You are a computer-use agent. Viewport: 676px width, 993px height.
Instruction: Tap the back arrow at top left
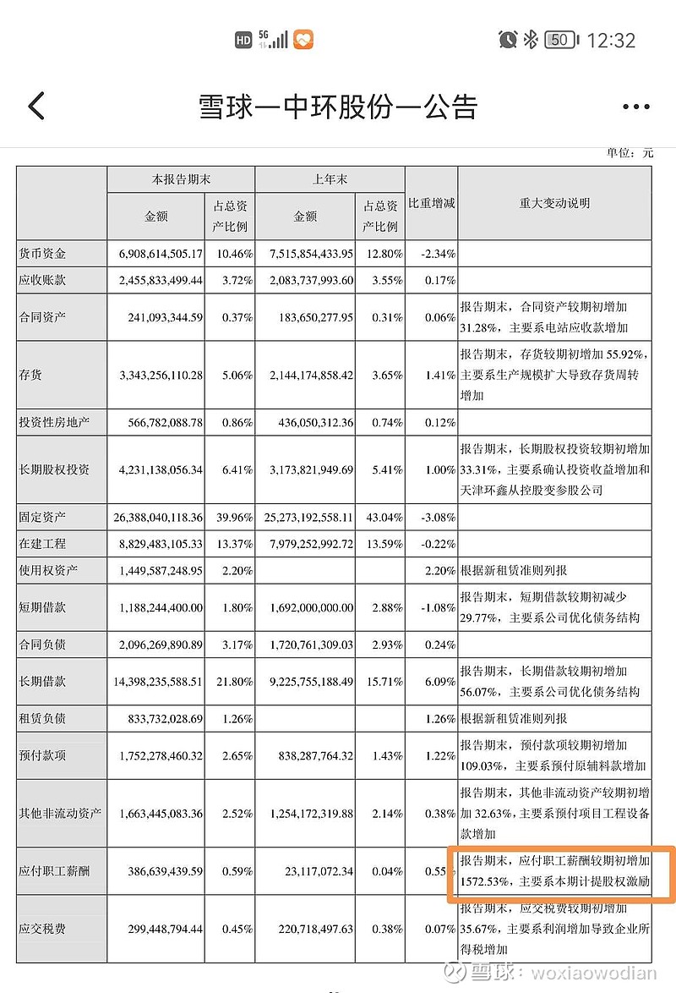click(x=36, y=107)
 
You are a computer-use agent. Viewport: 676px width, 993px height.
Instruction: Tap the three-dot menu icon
click(x=635, y=107)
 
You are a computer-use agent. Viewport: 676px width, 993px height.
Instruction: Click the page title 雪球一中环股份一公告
click(x=338, y=107)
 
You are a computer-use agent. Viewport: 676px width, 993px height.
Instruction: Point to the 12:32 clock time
click(x=610, y=40)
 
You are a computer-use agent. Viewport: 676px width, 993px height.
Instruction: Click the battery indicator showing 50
click(x=561, y=40)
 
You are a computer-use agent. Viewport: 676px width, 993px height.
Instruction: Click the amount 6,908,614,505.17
click(x=156, y=254)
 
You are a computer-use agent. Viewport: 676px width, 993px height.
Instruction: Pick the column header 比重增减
click(x=432, y=204)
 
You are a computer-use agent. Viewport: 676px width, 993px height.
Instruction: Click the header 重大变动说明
click(x=554, y=204)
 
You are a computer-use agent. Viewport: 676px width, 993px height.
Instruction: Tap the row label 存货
click(x=30, y=375)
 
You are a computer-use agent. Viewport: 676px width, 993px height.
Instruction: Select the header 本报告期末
click(x=181, y=179)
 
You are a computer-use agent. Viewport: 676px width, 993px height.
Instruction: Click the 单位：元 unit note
click(x=630, y=153)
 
